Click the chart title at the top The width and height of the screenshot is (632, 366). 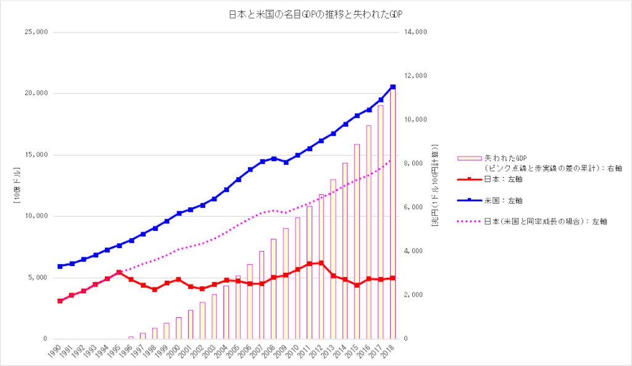click(x=315, y=14)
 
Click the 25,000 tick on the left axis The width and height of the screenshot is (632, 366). click(x=35, y=32)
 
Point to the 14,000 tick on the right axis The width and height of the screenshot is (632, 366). click(x=414, y=32)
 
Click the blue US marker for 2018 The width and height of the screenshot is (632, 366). click(x=393, y=87)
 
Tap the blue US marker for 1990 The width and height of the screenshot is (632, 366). click(x=60, y=267)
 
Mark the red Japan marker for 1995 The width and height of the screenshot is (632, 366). click(x=119, y=272)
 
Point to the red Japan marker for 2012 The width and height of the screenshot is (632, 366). click(x=321, y=263)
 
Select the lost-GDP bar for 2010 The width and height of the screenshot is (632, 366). click(x=297, y=278)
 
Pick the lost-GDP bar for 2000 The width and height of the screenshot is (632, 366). click(x=179, y=328)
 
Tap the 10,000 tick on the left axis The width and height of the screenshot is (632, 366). click(x=35, y=216)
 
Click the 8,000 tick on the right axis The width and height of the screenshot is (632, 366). click(x=412, y=164)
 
